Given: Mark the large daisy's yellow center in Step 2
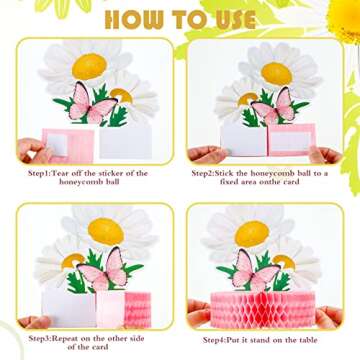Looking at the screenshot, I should (275, 73).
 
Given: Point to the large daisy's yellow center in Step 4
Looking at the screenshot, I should (271, 235).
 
